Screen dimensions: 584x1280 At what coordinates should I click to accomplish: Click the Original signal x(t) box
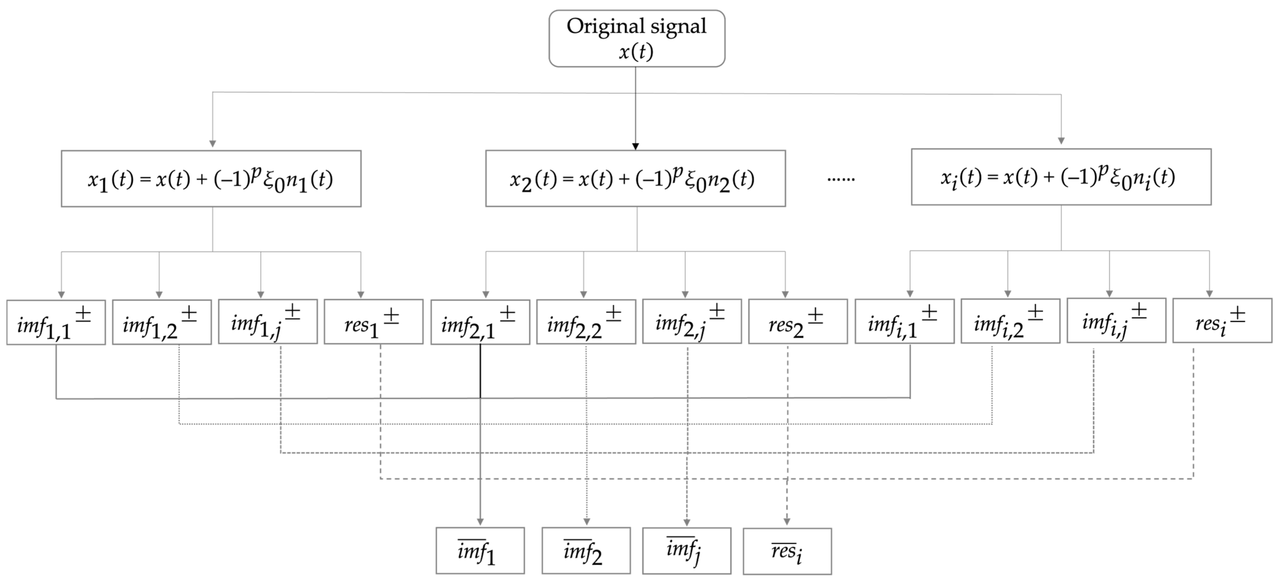[x=637, y=38]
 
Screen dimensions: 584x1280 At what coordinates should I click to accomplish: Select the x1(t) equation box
[x=211, y=178]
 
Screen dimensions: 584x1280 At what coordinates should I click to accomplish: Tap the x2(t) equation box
[x=635, y=178]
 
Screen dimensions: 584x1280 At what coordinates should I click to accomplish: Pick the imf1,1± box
[x=56, y=322]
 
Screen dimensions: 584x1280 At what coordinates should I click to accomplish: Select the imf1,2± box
[x=162, y=322]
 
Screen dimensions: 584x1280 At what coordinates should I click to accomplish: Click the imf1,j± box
[x=268, y=322]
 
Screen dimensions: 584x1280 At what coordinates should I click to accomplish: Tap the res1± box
[x=374, y=322]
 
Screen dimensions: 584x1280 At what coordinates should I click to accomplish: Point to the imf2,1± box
[x=480, y=322]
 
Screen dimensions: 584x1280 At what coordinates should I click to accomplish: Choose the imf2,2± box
[x=586, y=322]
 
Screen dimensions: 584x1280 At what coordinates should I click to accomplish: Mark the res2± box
[x=798, y=322]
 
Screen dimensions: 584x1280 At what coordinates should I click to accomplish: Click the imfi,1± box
[x=904, y=322]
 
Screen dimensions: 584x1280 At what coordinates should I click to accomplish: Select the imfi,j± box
[x=1116, y=321]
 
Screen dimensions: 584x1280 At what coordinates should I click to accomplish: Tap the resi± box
[x=1222, y=321]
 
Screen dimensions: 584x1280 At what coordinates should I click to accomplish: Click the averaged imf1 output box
[x=480, y=551]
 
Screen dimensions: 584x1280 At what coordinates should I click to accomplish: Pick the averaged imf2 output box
[x=586, y=551]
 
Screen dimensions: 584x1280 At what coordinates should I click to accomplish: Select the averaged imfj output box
[x=687, y=551]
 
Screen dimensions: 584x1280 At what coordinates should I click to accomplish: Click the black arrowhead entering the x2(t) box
[x=635, y=146]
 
